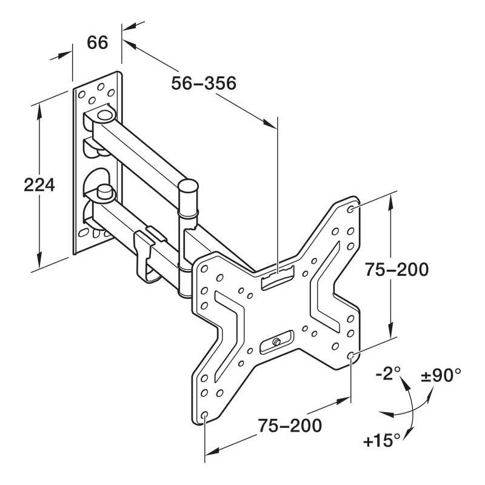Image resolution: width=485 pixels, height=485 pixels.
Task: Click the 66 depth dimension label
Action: [x=97, y=43]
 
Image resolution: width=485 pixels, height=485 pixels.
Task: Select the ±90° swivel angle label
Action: [x=441, y=375]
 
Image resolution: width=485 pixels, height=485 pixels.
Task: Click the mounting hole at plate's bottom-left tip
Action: [x=205, y=415]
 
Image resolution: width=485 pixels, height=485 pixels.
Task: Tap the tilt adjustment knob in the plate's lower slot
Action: [x=276, y=343]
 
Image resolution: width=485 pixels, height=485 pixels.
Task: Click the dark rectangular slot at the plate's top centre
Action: [x=276, y=279]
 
